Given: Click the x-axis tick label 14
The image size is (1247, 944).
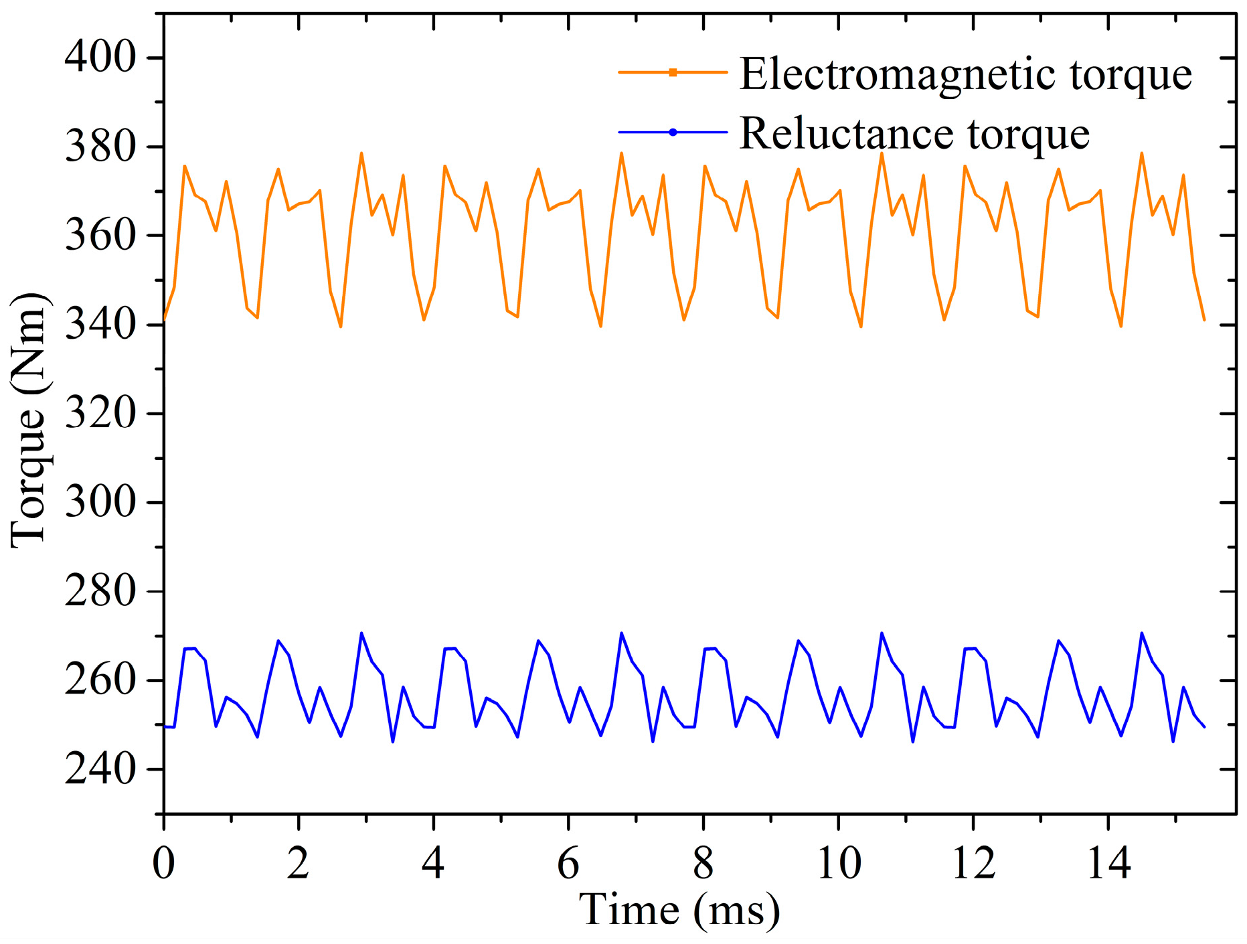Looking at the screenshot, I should pos(1108,864).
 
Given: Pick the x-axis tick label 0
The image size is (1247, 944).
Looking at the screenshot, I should pos(163,864).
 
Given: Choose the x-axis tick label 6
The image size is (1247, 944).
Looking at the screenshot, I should pos(568,864).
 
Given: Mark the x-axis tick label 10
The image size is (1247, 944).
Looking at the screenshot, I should pos(839,864).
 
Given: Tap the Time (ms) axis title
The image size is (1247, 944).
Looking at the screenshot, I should pos(679,911).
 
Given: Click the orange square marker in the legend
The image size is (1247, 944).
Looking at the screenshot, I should pos(673,72).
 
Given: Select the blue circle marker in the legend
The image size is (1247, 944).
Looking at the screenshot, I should pos(673,133).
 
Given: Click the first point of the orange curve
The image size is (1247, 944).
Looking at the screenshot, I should pos(164,320).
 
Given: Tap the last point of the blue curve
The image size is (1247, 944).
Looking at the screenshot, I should pos(1204,726).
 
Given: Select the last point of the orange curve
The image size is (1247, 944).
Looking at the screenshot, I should pos(1204,320).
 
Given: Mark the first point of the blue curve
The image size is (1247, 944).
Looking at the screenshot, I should pos(164,726).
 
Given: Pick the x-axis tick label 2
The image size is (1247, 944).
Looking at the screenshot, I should pos(299,864).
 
